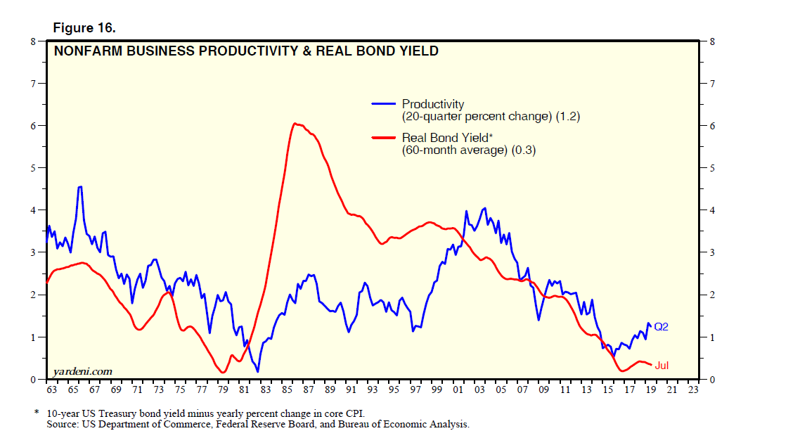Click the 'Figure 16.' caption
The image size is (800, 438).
[x=84, y=27]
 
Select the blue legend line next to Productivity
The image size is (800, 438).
[x=383, y=103]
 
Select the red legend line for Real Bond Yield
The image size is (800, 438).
[x=383, y=138]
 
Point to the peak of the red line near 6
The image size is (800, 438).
[x=295, y=124]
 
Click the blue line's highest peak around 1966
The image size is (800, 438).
[x=81, y=186]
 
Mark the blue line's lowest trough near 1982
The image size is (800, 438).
[x=258, y=371]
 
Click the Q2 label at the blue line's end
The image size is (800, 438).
[x=661, y=327]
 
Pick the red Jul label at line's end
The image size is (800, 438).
[x=662, y=366]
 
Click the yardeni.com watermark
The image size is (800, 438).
[x=82, y=371]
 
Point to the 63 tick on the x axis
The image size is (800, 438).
[x=51, y=389]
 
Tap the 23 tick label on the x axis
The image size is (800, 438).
[x=693, y=389]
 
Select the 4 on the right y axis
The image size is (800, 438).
[x=713, y=210]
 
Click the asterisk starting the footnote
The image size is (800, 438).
[x=37, y=412]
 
